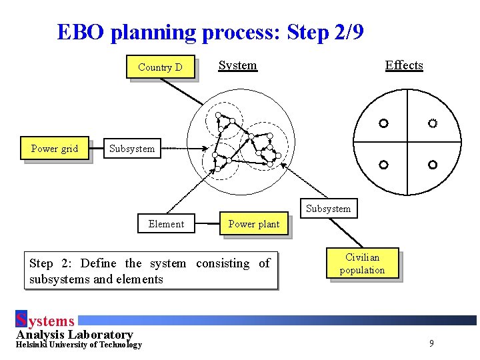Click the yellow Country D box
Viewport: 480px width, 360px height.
pyautogui.click(x=160, y=67)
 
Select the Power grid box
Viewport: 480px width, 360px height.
pyautogui.click(x=55, y=149)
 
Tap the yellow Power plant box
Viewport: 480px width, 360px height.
pyautogui.click(x=254, y=224)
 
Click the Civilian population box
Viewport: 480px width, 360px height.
pyautogui.click(x=362, y=263)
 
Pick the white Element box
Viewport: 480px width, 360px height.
pyautogui.click(x=166, y=224)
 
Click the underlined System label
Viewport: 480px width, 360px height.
pyautogui.click(x=237, y=65)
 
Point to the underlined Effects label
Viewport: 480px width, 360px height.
pyautogui.click(x=404, y=65)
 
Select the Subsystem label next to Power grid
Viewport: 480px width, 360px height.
pyautogui.click(x=131, y=149)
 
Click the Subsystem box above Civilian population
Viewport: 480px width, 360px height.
pyautogui.click(x=328, y=209)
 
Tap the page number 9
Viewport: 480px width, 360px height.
pyautogui.click(x=431, y=343)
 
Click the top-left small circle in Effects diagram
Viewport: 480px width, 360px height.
pyautogui.click(x=383, y=123)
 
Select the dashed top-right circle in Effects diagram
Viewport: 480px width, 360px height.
pyautogui.click(x=432, y=123)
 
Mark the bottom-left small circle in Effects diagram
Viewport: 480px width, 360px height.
pyautogui.click(x=383, y=164)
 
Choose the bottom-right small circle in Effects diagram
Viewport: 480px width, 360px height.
pyautogui.click(x=432, y=164)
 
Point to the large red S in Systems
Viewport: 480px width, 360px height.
pyautogui.click(x=21, y=320)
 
